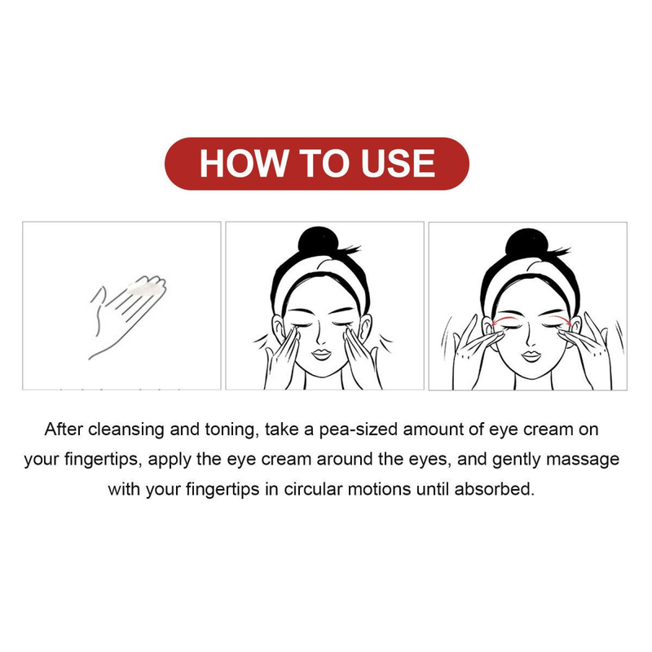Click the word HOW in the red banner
(244, 163)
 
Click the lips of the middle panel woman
(321, 355)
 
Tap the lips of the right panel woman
(531, 356)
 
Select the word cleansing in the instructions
(126, 430)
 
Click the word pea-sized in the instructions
(359, 430)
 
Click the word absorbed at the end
(494, 489)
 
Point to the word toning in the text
(230, 430)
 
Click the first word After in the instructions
(64, 430)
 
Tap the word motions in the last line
(379, 489)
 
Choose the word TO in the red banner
(324, 163)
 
